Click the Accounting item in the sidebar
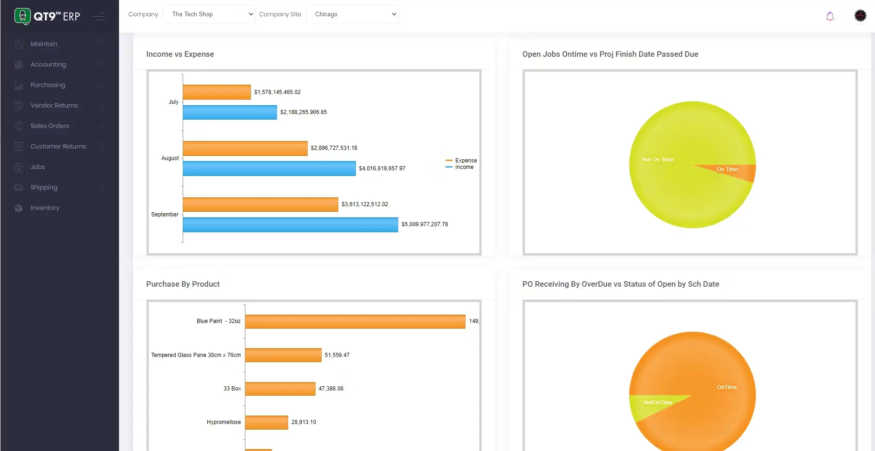[48, 64]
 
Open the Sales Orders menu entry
[49, 126]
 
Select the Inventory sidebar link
[45, 208]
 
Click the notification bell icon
[830, 16]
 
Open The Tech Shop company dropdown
[209, 14]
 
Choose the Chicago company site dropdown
[352, 14]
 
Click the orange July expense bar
[217, 92]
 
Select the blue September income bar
[290, 224]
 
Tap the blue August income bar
[269, 168]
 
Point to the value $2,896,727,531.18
[334, 148]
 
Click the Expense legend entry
[465, 160]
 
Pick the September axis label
[165, 215]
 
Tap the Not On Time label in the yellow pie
[657, 160]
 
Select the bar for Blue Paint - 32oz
[355, 321]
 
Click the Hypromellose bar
[266, 422]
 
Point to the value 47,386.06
[331, 389]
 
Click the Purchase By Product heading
[183, 284]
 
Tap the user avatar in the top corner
[860, 15]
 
